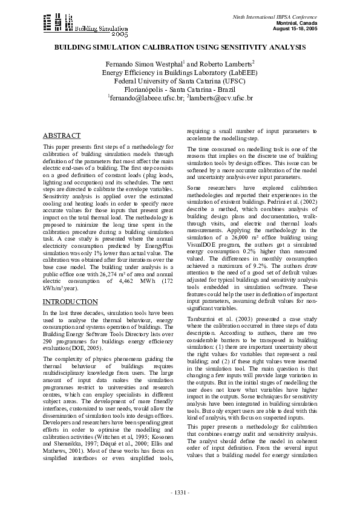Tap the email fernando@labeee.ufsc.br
click(145, 97)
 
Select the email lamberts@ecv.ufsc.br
click(221, 97)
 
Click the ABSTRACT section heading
click(62, 136)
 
